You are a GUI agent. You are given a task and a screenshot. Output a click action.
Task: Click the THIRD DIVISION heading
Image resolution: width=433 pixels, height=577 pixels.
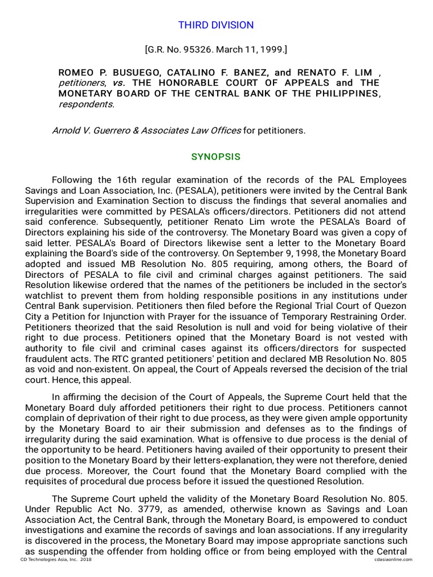pos(216,25)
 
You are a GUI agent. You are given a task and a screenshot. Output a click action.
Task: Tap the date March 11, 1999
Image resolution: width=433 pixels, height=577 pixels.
pos(250,50)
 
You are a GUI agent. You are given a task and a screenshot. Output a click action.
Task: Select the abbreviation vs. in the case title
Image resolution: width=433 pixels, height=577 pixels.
pos(118,83)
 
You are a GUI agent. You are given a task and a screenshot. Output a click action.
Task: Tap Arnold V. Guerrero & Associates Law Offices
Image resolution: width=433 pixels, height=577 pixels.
pos(146,131)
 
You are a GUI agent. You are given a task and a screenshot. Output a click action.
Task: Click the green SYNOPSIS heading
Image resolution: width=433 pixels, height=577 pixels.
pos(216,157)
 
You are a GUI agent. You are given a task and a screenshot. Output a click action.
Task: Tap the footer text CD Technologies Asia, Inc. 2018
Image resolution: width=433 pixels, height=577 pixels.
pos(56,560)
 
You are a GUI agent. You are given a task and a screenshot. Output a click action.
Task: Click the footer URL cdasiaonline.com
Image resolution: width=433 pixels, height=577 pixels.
pos(392,560)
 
